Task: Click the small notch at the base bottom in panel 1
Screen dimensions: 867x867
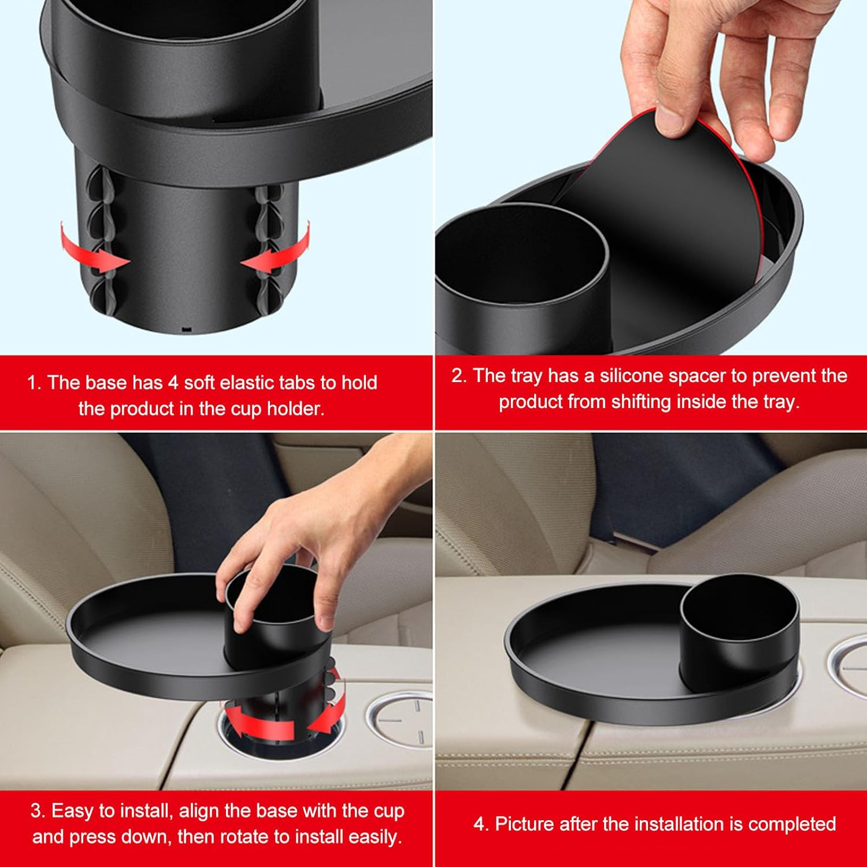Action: (186, 329)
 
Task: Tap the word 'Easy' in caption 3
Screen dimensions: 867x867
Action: (72, 810)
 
